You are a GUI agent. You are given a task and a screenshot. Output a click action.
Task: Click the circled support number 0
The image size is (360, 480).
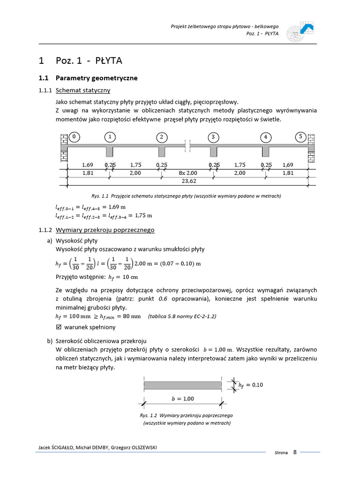pyautogui.click(x=74, y=137)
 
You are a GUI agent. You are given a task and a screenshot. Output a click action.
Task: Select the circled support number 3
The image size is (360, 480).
pyautogui.click(x=213, y=137)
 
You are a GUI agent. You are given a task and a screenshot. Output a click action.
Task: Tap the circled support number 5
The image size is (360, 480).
pyautogui.click(x=300, y=137)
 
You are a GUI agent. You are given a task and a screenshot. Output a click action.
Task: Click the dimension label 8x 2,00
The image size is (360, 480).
pyautogui.click(x=187, y=173)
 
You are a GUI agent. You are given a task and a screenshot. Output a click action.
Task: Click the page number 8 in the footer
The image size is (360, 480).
pyautogui.click(x=295, y=452)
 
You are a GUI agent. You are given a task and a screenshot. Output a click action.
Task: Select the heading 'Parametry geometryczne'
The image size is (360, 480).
pyautogui.click(x=97, y=78)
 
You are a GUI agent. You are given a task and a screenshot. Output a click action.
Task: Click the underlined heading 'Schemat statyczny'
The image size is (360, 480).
pyautogui.click(x=82, y=90)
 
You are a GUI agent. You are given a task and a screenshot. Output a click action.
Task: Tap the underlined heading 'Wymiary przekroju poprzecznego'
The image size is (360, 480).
pyautogui.click(x=105, y=230)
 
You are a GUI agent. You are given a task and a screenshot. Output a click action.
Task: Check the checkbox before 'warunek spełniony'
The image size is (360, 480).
pyautogui.click(x=58, y=327)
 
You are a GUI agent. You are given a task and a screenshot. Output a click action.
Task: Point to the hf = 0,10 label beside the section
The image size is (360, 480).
pyautogui.click(x=251, y=385)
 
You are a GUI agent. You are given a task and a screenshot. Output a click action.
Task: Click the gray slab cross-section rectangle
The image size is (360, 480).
pyautogui.click(x=183, y=385)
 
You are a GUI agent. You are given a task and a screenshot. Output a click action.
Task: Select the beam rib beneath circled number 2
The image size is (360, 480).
pyautogui.click(x=162, y=152)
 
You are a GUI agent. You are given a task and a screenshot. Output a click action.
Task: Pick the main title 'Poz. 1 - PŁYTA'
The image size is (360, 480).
pyautogui.click(x=89, y=60)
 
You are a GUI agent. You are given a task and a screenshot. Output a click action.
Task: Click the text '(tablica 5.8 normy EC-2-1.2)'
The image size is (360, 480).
pyautogui.click(x=182, y=316)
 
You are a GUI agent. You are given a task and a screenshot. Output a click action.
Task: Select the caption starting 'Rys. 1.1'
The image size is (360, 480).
pyautogui.click(x=187, y=195)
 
